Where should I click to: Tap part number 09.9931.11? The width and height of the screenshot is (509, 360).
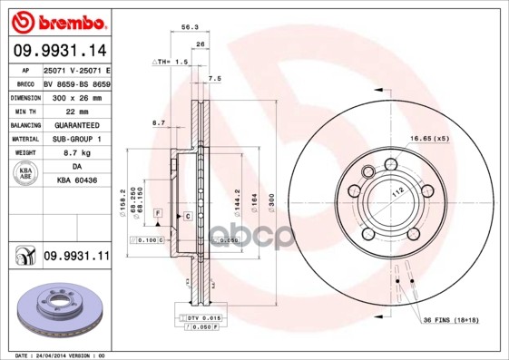click(75, 258)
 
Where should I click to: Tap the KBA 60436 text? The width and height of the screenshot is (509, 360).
click(77, 181)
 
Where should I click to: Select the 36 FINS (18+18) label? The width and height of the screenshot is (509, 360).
click(449, 320)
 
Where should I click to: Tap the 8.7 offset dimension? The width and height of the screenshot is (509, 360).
click(158, 122)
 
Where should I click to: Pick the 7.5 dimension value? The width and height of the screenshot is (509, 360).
click(215, 79)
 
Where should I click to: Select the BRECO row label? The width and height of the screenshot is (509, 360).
click(24, 82)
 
